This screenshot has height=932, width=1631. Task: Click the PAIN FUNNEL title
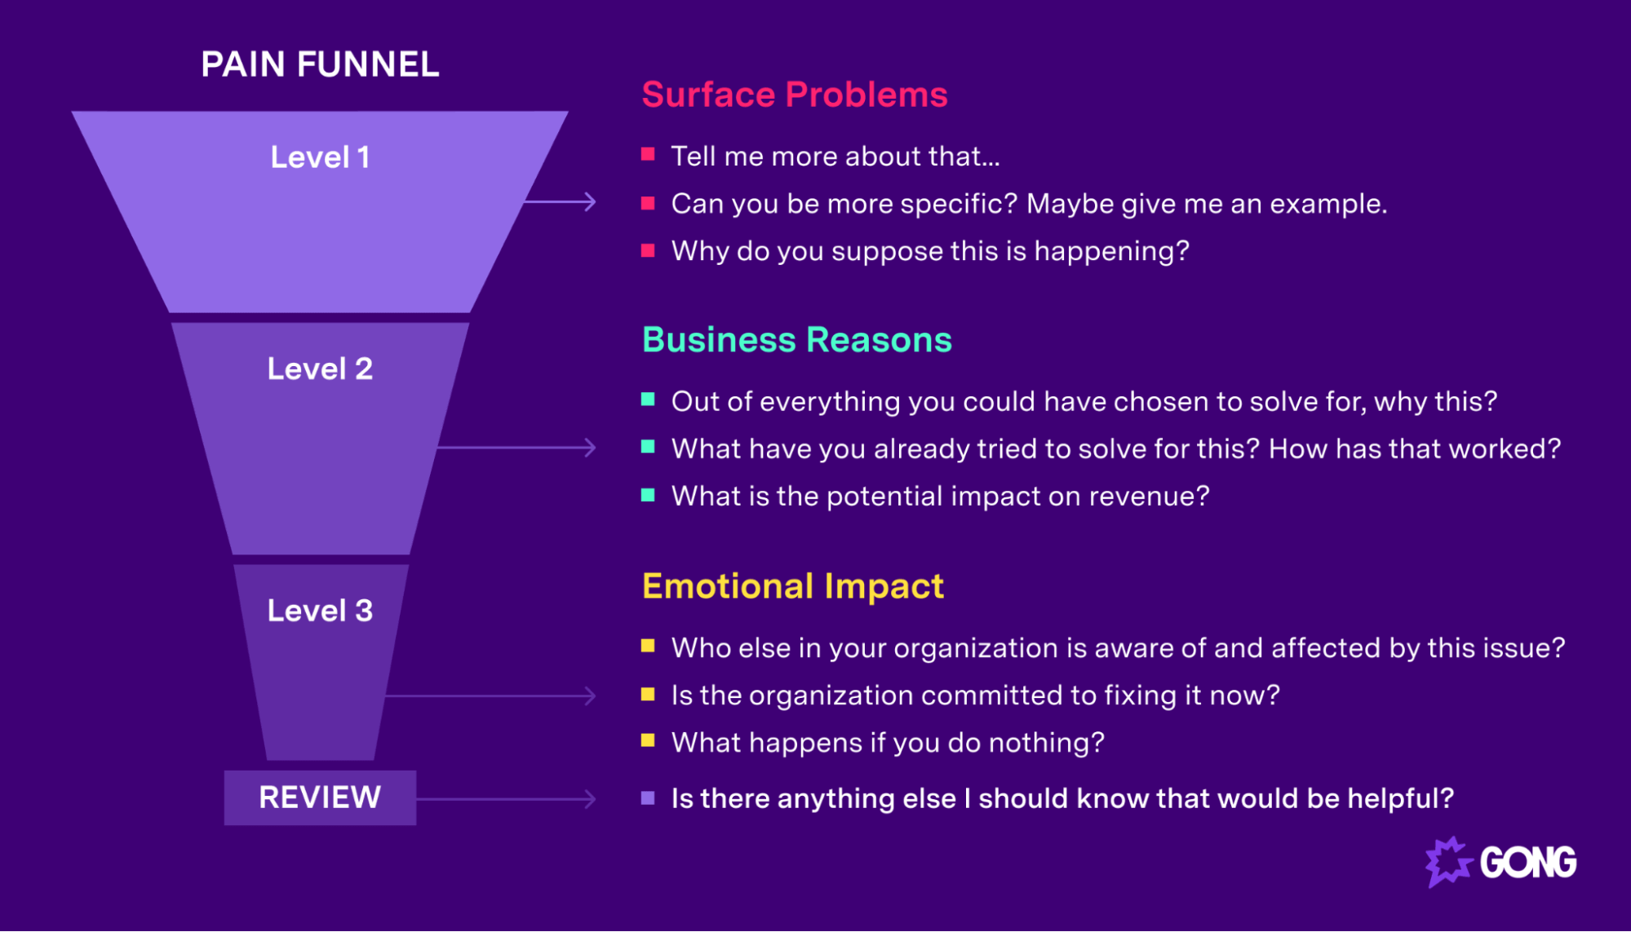click(320, 64)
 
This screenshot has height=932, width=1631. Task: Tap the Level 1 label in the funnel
click(320, 157)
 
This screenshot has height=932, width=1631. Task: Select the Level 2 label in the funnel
click(320, 369)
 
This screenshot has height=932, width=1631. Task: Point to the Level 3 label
click(320, 611)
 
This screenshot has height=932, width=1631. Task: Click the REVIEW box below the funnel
click(320, 797)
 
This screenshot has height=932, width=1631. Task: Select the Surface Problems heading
click(794, 95)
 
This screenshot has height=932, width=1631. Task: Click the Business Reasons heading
click(796, 340)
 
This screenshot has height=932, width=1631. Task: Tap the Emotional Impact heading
click(792, 586)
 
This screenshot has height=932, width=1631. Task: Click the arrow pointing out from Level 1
click(561, 201)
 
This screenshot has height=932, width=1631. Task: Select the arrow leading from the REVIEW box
click(506, 799)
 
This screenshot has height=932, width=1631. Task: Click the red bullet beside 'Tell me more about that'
click(648, 154)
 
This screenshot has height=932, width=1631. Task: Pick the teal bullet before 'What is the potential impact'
click(648, 495)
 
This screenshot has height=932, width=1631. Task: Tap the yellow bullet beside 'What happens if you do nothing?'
click(648, 740)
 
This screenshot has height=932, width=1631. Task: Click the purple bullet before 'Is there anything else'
click(648, 797)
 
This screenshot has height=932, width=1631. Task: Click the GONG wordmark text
click(1527, 863)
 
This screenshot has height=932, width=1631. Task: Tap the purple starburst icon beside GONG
click(1448, 862)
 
